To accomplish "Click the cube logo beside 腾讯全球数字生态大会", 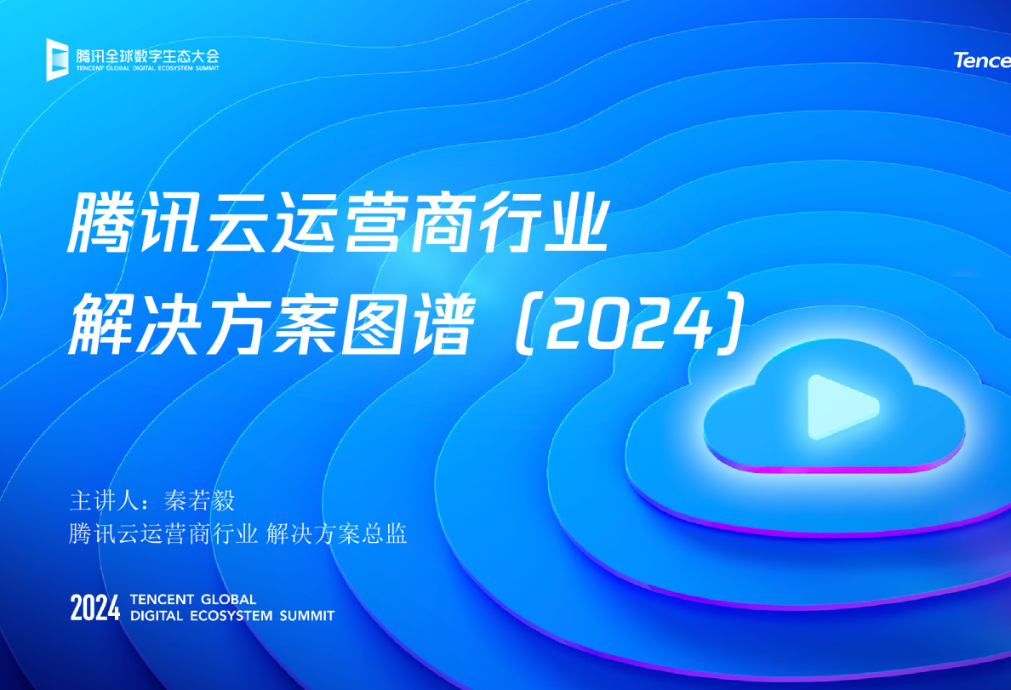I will (x=57, y=59).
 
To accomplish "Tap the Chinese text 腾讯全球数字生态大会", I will (x=146, y=55).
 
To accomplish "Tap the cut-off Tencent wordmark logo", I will (x=982, y=60).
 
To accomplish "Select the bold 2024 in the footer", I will (x=95, y=608).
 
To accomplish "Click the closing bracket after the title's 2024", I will (x=734, y=325).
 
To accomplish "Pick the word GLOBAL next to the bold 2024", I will (x=227, y=600).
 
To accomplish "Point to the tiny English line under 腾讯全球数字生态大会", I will (x=146, y=69).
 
